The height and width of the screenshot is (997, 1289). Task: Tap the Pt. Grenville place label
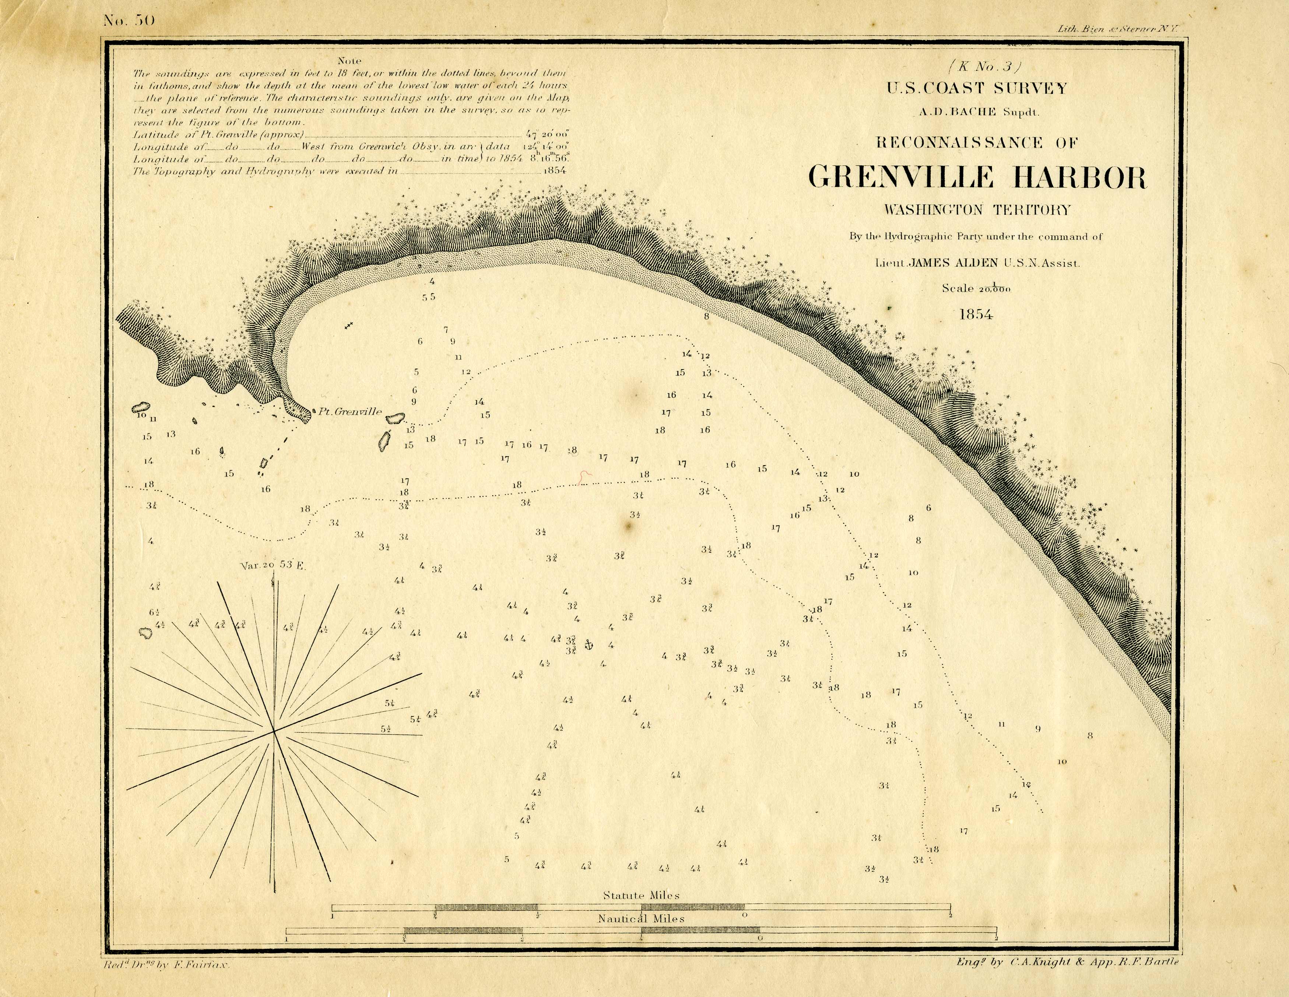click(350, 412)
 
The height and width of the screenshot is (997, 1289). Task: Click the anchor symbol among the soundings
click(588, 645)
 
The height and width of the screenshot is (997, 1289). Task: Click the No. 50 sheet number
click(121, 21)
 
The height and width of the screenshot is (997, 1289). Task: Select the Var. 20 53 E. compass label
click(272, 565)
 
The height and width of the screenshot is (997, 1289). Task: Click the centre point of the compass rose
click(274, 731)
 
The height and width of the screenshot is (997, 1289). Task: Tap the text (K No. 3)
click(976, 66)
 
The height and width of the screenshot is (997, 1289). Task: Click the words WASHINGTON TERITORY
click(976, 210)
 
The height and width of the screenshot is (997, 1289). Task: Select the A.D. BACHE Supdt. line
click(976, 112)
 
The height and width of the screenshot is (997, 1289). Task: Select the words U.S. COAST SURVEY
click(976, 88)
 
